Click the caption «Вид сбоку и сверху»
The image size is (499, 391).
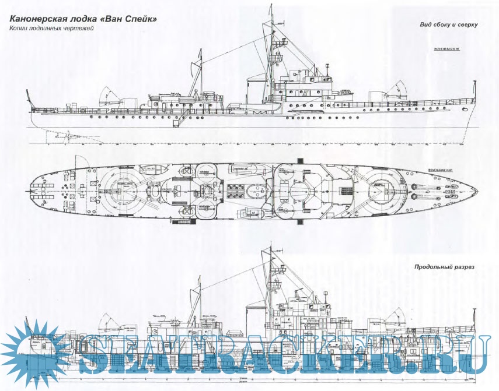(x=449, y=25)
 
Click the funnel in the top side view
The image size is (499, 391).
(x=254, y=90)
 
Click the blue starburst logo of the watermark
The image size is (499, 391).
(x=33, y=353)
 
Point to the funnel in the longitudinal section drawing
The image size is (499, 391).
(x=254, y=315)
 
